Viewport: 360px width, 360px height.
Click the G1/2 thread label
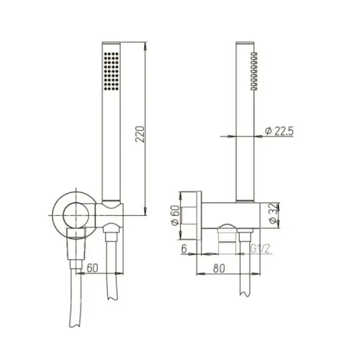coord(261,249)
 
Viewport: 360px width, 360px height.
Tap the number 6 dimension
coord(185,249)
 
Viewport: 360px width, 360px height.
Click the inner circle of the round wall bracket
coord(71,214)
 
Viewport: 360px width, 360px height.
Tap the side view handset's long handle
coord(245,122)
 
